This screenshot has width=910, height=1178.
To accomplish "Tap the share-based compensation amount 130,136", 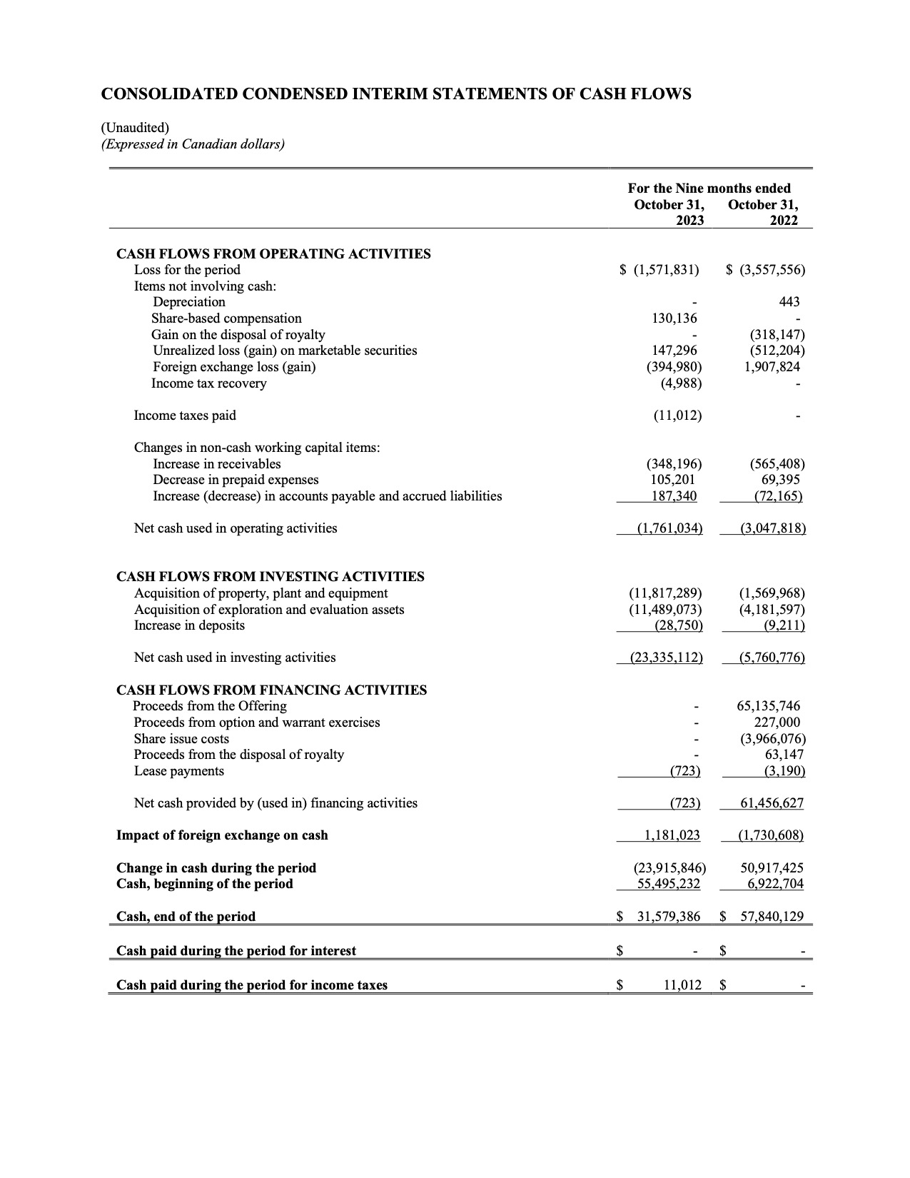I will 674,318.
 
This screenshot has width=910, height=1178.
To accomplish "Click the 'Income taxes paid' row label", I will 185,416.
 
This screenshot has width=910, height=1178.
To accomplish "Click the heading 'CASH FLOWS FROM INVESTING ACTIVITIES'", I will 270,577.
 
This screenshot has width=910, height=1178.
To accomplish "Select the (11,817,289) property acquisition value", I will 665,593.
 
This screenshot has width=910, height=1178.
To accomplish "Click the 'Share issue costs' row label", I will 181,739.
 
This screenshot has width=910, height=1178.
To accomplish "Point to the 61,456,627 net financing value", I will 772,804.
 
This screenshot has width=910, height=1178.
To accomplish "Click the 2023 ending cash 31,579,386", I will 668,917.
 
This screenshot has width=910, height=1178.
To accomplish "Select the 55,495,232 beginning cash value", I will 668,885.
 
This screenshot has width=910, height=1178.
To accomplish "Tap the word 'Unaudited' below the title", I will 136,128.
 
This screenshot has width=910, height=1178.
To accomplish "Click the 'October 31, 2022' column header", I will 762,213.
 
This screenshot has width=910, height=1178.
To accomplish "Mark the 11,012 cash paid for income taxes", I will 682,986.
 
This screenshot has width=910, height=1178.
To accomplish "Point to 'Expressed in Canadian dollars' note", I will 193,144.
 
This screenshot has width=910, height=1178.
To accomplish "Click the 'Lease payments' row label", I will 178,772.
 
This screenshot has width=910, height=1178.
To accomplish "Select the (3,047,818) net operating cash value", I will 773,529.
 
